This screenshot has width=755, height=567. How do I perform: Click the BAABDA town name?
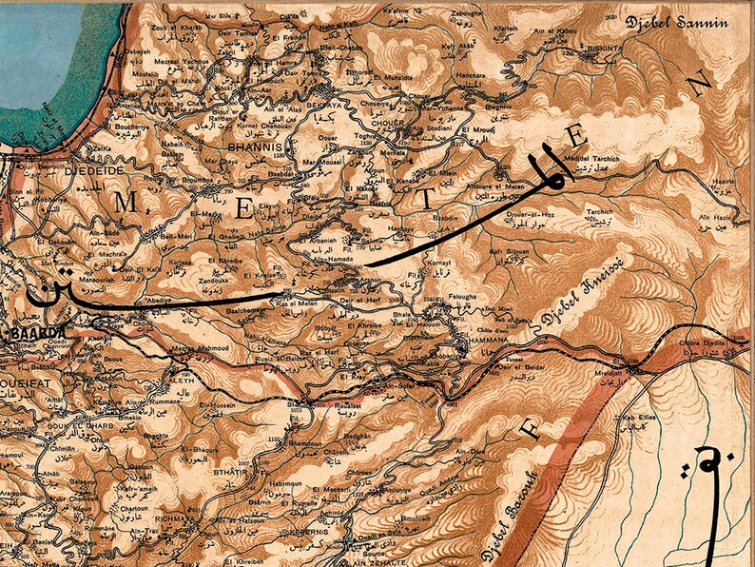coord(38,333)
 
